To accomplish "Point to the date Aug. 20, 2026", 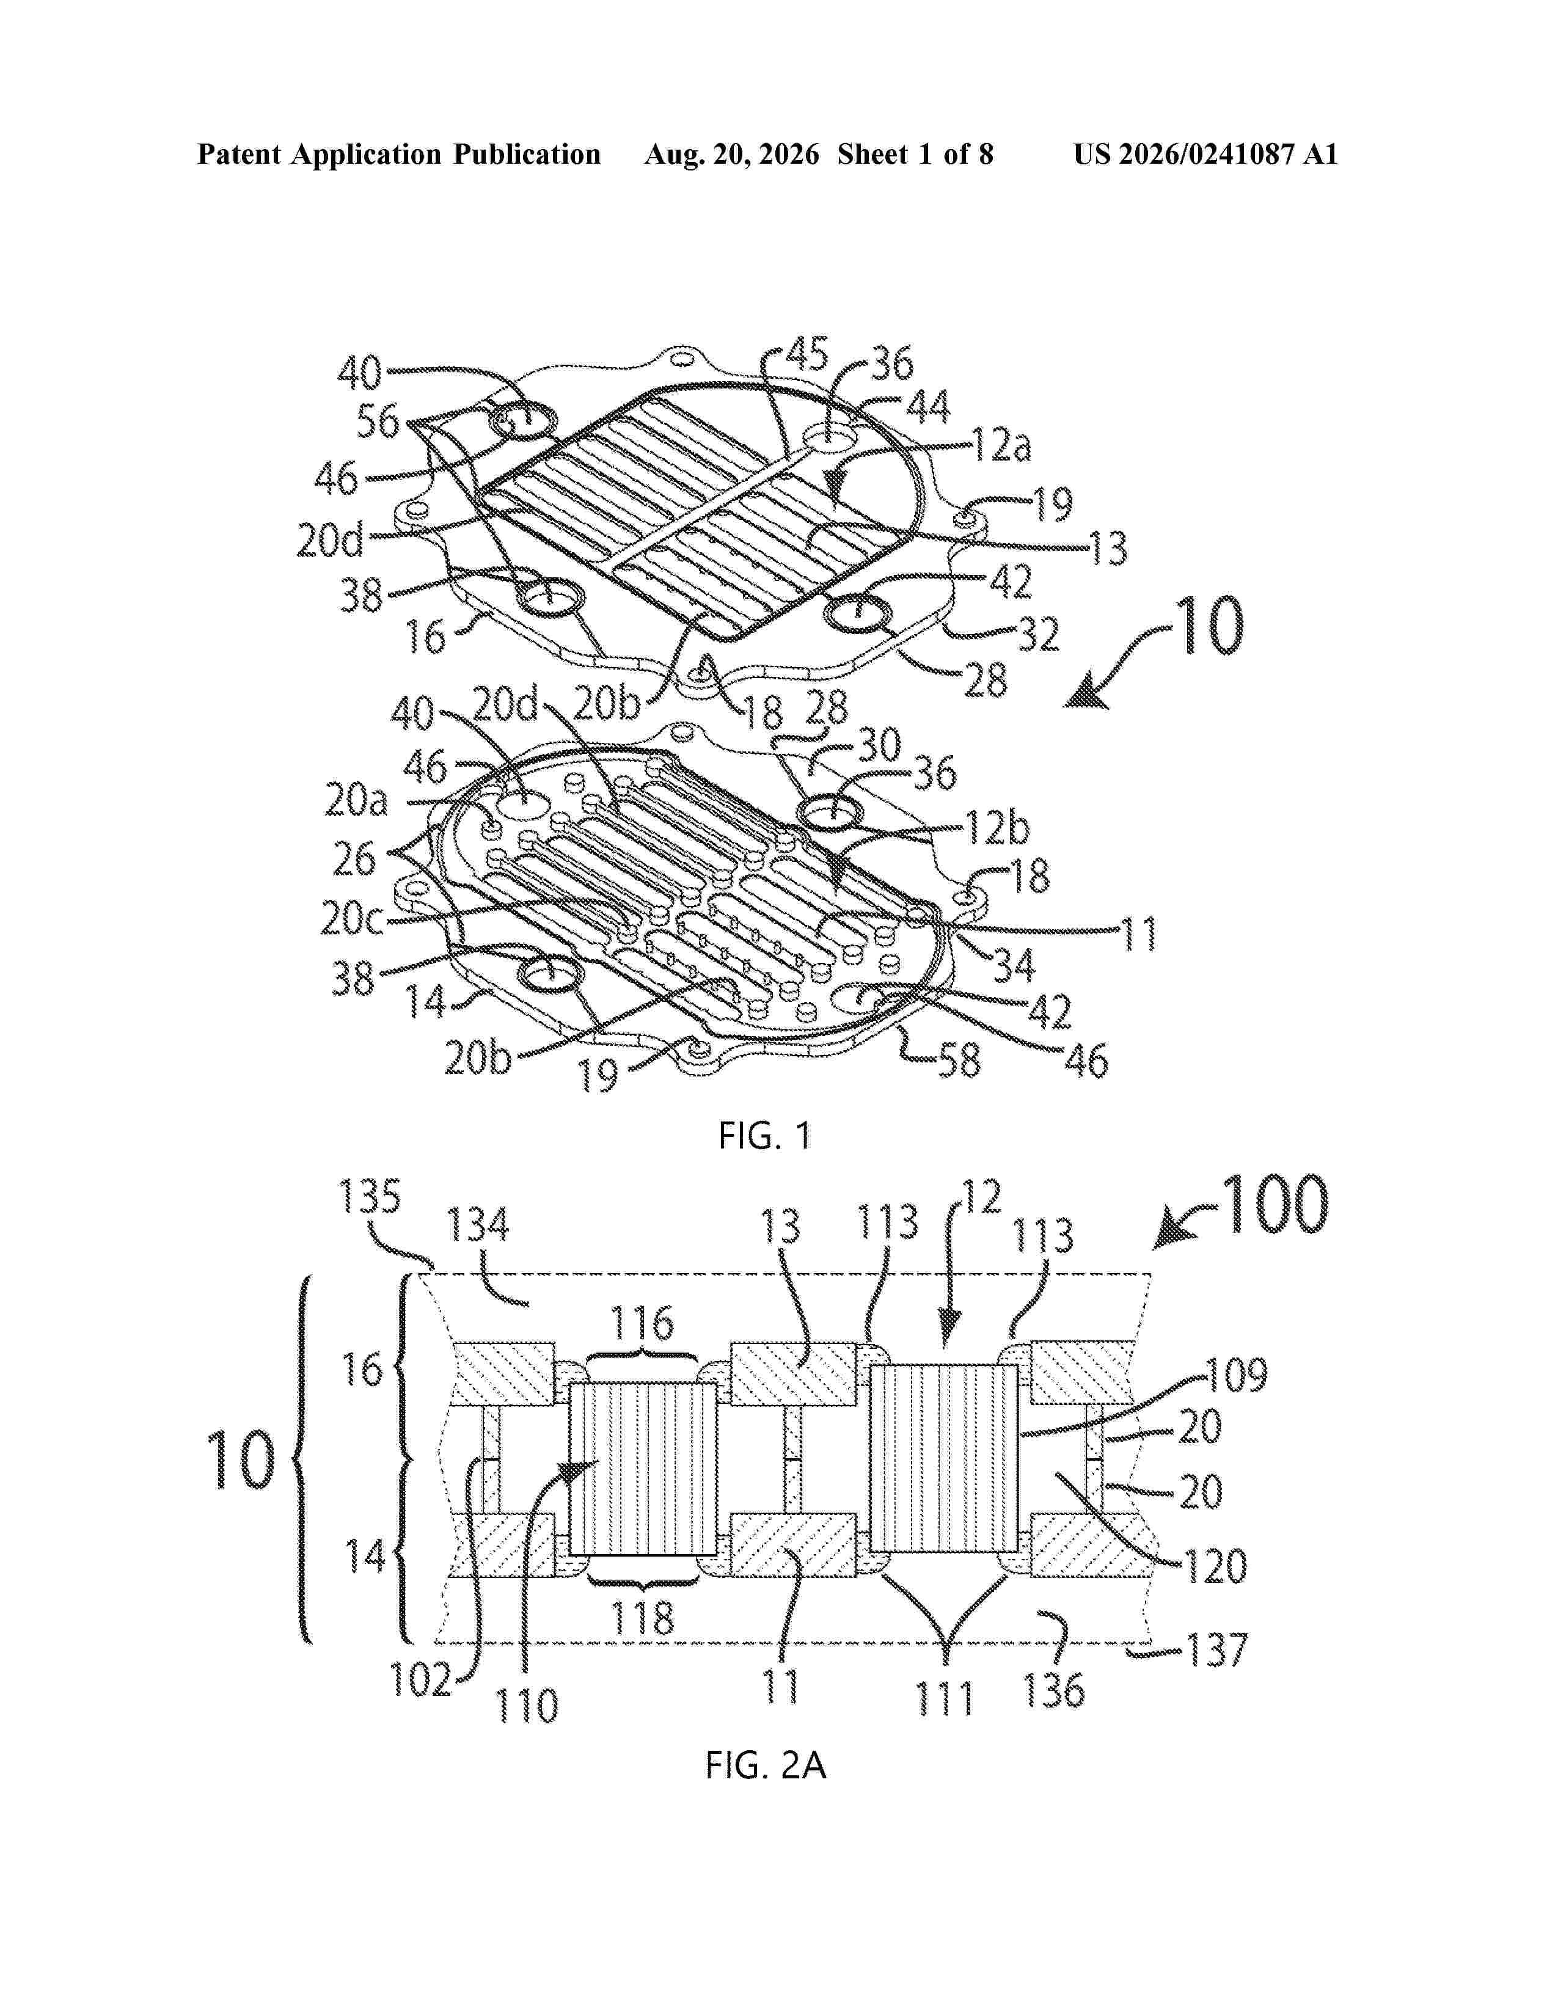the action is point(732,154).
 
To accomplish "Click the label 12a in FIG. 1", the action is point(1001,446).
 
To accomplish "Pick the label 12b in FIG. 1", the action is point(998,828).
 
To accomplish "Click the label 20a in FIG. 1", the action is point(356,800).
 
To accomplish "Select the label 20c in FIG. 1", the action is point(352,918).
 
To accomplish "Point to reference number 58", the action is point(959,1061).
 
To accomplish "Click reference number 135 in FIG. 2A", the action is point(370,1197).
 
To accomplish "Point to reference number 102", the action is point(422,1679).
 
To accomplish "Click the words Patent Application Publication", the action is point(399,154).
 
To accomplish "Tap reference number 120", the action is point(1216,1566).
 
